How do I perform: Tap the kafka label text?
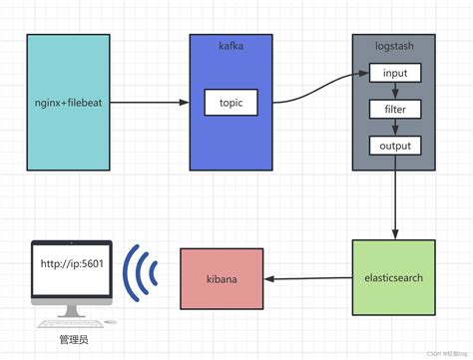click(232, 46)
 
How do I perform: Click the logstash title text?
click(394, 46)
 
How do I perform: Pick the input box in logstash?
click(395, 74)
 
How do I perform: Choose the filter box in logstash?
click(395, 109)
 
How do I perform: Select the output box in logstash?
click(395, 146)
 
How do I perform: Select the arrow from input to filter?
click(395, 91)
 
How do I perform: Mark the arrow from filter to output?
click(395, 127)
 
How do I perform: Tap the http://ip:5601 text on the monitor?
click(72, 263)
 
